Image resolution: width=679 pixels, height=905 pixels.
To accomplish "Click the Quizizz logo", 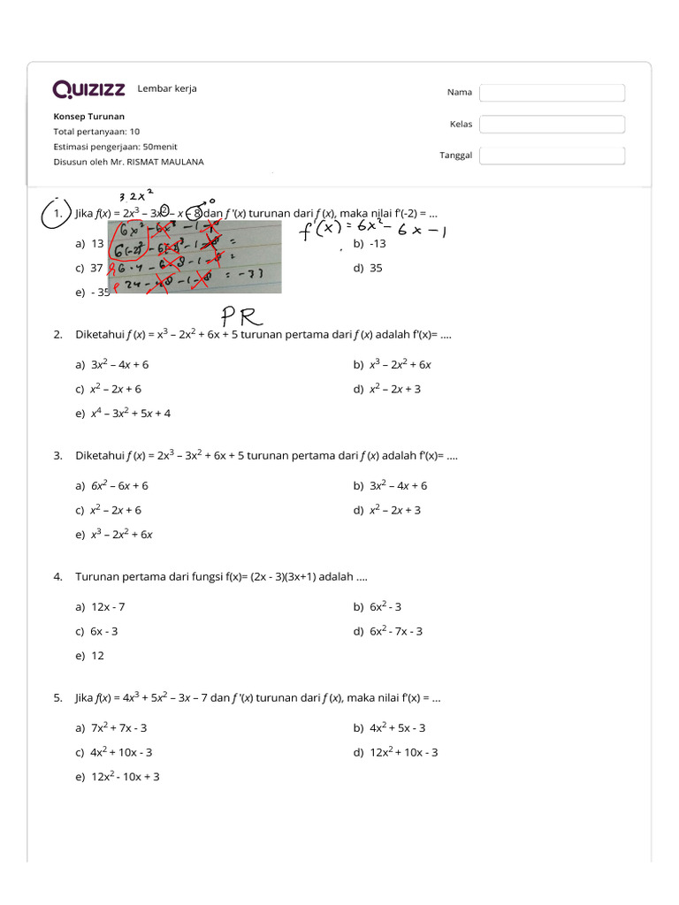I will pos(88,89).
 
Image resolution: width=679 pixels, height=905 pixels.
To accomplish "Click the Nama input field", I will pos(552,93).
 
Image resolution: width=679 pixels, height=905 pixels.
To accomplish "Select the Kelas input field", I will pos(552,125).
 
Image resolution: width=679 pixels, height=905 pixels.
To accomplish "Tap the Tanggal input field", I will pos(552,156).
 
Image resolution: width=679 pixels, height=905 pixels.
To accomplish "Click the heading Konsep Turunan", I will pos(88,117).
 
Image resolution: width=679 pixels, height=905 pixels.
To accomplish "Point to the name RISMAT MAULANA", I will pos(166,162).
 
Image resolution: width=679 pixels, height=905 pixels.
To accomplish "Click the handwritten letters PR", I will pos(239,316).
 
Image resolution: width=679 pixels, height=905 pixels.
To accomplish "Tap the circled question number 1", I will pos(57,214).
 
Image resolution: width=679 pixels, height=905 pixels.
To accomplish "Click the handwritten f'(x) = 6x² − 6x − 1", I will pos(373,232).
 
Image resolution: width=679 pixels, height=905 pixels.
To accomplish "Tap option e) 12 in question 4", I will pos(90,656).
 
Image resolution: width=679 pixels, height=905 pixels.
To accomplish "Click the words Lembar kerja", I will pos(167,88).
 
